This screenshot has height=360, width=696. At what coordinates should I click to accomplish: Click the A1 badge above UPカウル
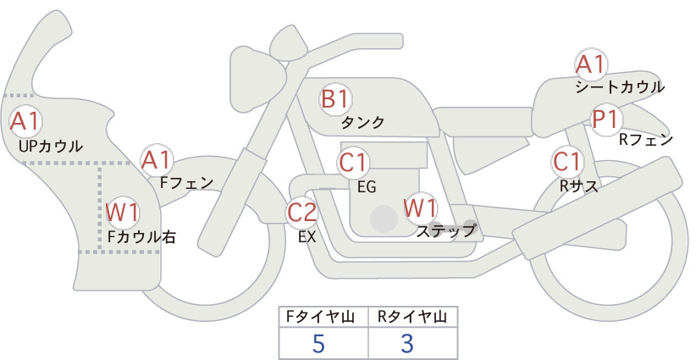point(25,121)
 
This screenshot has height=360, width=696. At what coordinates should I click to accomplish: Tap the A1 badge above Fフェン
point(157,160)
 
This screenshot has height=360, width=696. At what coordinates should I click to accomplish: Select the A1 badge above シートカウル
point(591,65)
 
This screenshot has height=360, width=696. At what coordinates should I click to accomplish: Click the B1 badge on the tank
point(335,99)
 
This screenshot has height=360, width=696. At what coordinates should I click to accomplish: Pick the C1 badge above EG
point(353,163)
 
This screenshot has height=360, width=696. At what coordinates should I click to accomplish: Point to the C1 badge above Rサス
point(567,162)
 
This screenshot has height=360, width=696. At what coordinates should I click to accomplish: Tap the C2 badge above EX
point(302,212)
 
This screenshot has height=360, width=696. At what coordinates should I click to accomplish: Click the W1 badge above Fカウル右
point(122,212)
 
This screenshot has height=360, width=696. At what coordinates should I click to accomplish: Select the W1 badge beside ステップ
point(420,208)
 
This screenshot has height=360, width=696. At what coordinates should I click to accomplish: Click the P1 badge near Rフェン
point(606,119)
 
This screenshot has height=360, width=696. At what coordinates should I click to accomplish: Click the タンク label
point(362,123)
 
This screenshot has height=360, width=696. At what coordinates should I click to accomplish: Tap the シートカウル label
point(620,87)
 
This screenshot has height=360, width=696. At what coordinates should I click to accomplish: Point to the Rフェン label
point(646,140)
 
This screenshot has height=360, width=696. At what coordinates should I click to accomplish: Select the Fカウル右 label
point(141,237)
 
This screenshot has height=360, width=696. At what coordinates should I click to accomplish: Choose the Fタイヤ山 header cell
point(323,317)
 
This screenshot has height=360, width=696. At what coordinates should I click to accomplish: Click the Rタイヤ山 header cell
point(413,317)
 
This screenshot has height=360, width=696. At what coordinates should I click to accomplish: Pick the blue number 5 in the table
point(318,343)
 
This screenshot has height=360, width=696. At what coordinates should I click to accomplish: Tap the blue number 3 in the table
point(407,343)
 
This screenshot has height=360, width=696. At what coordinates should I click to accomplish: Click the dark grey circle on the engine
point(384,219)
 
